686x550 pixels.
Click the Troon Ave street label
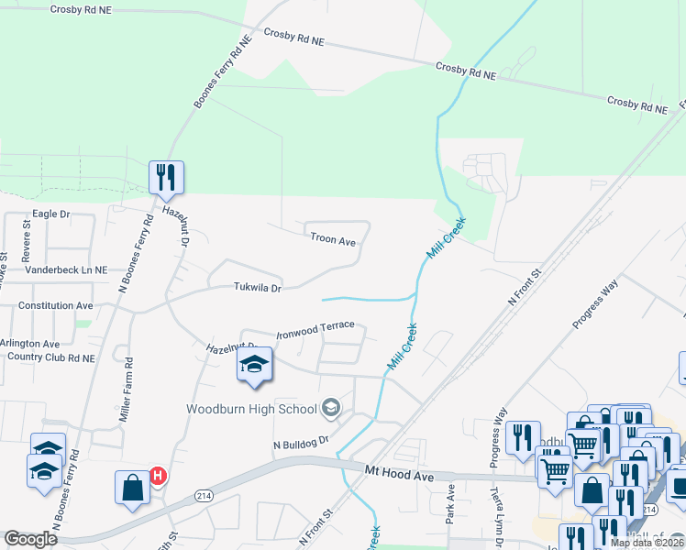pyautogui.click(x=332, y=239)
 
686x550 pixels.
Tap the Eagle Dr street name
pyautogui.click(x=51, y=214)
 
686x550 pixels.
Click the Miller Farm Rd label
pyautogui.click(x=126, y=390)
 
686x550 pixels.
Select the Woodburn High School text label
pyautogui.click(x=251, y=409)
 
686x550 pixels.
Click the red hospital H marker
pyautogui.click(x=158, y=476)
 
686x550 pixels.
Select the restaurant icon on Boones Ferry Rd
pyautogui.click(x=166, y=177)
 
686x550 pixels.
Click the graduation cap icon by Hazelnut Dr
pyautogui.click(x=254, y=366)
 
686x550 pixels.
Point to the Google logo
pyautogui.click(x=30, y=539)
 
